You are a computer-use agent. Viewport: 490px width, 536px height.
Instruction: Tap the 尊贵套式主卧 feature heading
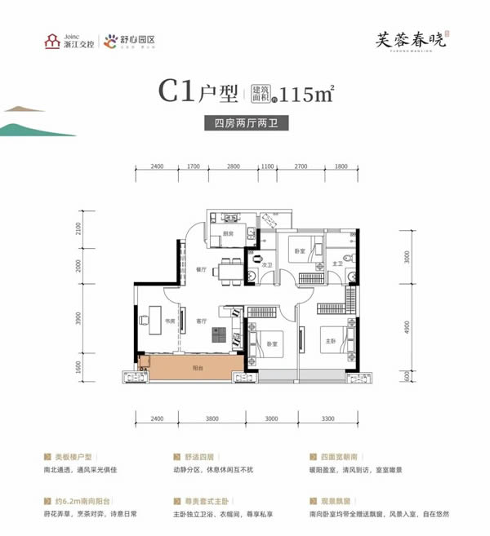pos(202,496)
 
